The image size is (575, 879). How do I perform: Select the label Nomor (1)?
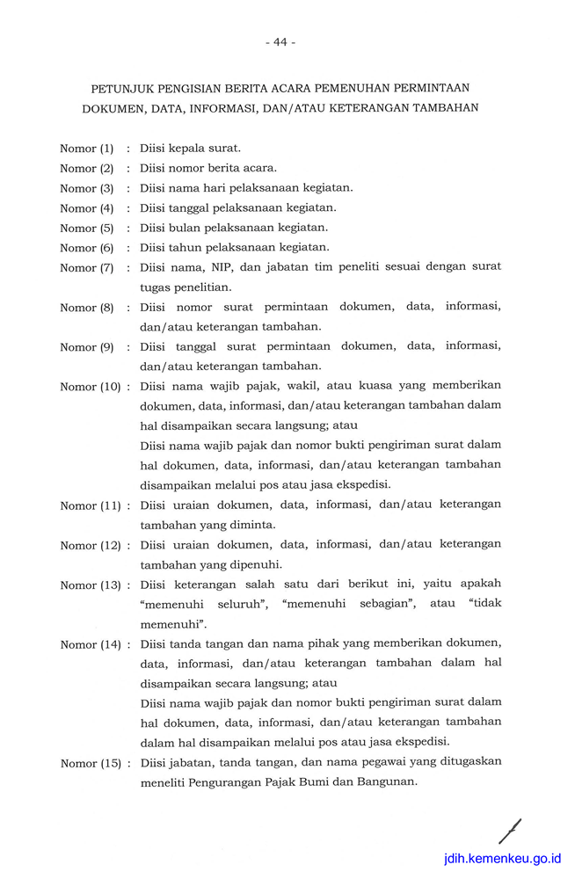pyautogui.click(x=87, y=149)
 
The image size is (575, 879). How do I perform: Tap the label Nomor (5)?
pyautogui.click(x=87, y=229)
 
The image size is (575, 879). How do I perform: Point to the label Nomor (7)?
pyautogui.click(x=87, y=268)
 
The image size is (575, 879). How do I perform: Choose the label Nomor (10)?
pyautogui.click(x=91, y=387)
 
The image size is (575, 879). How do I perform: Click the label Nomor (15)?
pyautogui.click(x=91, y=763)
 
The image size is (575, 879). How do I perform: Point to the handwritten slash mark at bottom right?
pyautogui.click(x=509, y=832)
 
